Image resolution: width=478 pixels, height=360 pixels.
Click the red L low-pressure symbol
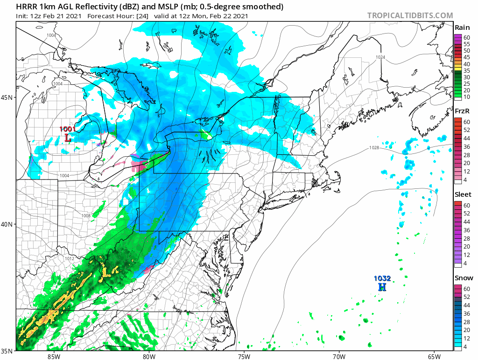pyautogui.click(x=68, y=138)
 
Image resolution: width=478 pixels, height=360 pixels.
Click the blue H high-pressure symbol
pyautogui.click(x=382, y=287)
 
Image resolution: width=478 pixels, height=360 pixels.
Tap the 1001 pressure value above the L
pyautogui.click(x=67, y=129)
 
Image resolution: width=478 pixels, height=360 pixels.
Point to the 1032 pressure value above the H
pyautogui.click(x=382, y=278)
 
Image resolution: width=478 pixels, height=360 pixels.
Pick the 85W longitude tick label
pyautogui.click(x=54, y=356)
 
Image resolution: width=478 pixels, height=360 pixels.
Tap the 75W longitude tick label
pyautogui.click(x=244, y=356)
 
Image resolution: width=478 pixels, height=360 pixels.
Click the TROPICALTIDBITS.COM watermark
pyautogui.click(x=410, y=15)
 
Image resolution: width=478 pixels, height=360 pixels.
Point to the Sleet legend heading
pyautogui.click(x=463, y=194)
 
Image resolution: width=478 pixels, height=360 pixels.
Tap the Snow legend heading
pyautogui.click(x=463, y=278)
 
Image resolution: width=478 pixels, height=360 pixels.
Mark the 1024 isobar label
pyautogui.click(x=380, y=57)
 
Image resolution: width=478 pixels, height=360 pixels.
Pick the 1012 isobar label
pyautogui.click(x=69, y=258)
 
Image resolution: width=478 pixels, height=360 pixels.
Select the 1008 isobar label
pyautogui.click(x=86, y=216)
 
